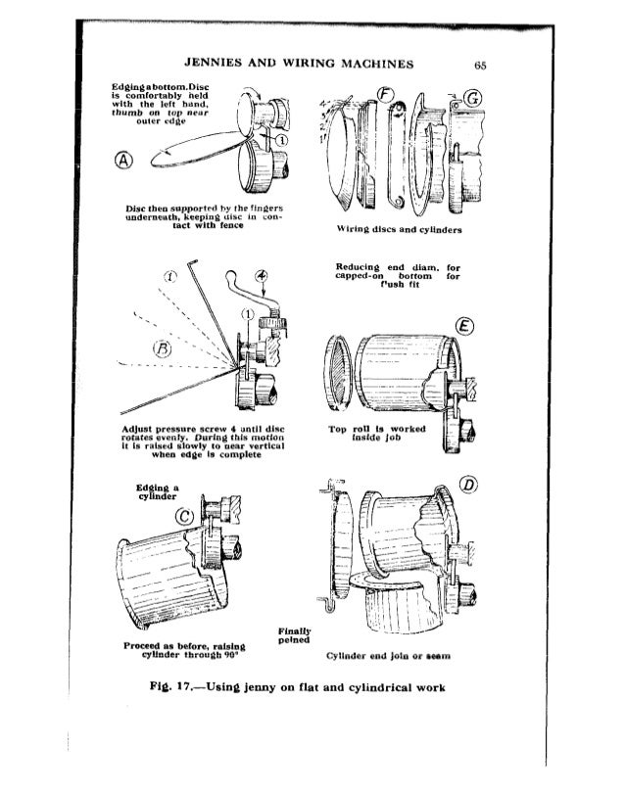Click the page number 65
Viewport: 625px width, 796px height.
point(479,66)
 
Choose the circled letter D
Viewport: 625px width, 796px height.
point(466,491)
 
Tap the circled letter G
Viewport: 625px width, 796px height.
point(465,100)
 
